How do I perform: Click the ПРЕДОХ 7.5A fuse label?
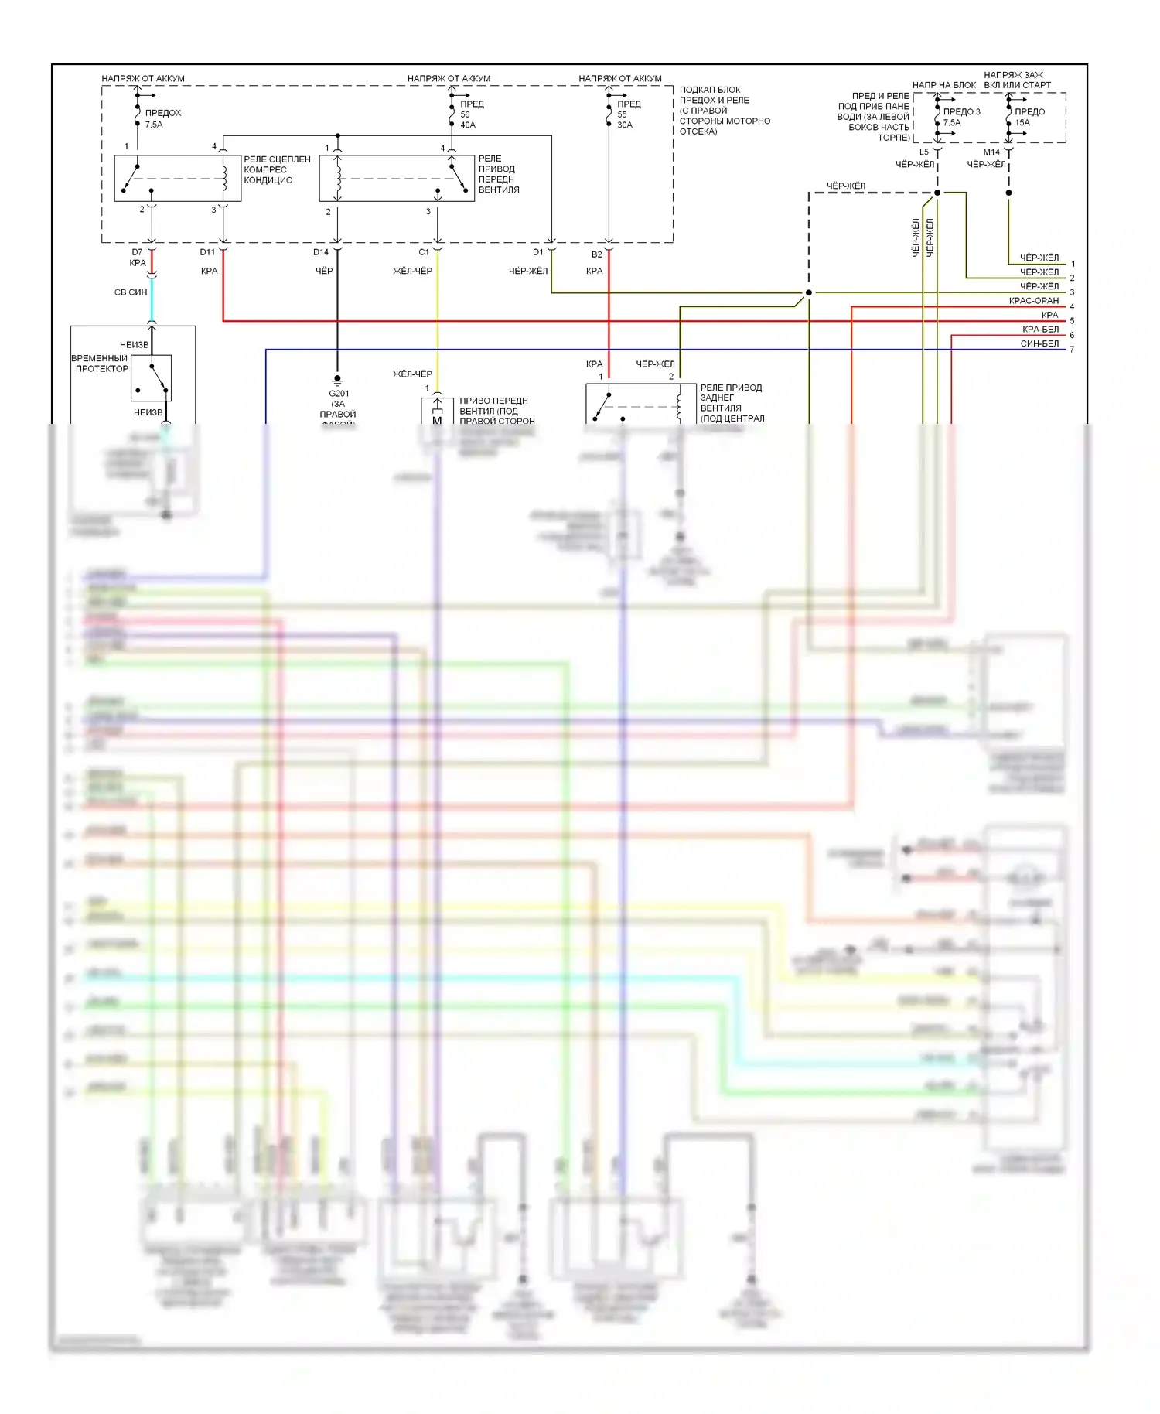tap(162, 118)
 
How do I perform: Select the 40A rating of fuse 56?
tap(468, 125)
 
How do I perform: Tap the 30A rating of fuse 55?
tap(625, 125)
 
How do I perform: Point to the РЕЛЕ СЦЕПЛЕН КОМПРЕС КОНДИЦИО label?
tap(277, 170)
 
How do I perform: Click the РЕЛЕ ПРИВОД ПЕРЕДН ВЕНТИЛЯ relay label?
tap(498, 174)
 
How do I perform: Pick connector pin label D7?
tap(137, 252)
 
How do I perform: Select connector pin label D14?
tap(321, 252)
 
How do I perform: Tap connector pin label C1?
tap(424, 252)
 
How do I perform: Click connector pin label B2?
tap(596, 254)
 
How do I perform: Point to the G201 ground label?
tap(339, 394)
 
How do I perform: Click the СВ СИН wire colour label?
tap(130, 292)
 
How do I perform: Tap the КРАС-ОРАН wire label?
tap(1033, 301)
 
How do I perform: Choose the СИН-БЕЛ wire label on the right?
tap(1039, 343)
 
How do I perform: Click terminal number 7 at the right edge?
tap(1072, 350)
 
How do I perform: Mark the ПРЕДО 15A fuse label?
tap(1029, 117)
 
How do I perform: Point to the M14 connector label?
tap(991, 152)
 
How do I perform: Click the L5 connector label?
tap(923, 152)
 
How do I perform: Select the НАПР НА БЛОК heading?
tap(943, 85)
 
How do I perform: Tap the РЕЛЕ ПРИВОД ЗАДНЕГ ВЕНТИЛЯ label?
tap(731, 403)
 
